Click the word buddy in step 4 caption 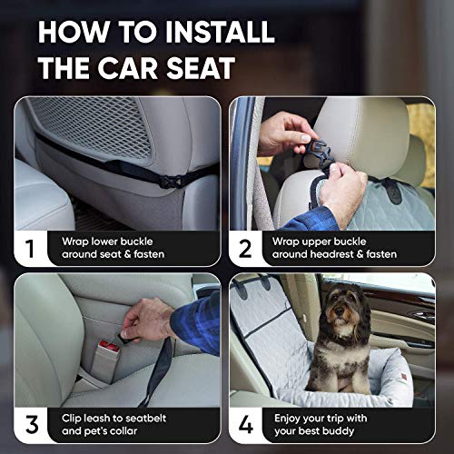pos(355,432)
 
